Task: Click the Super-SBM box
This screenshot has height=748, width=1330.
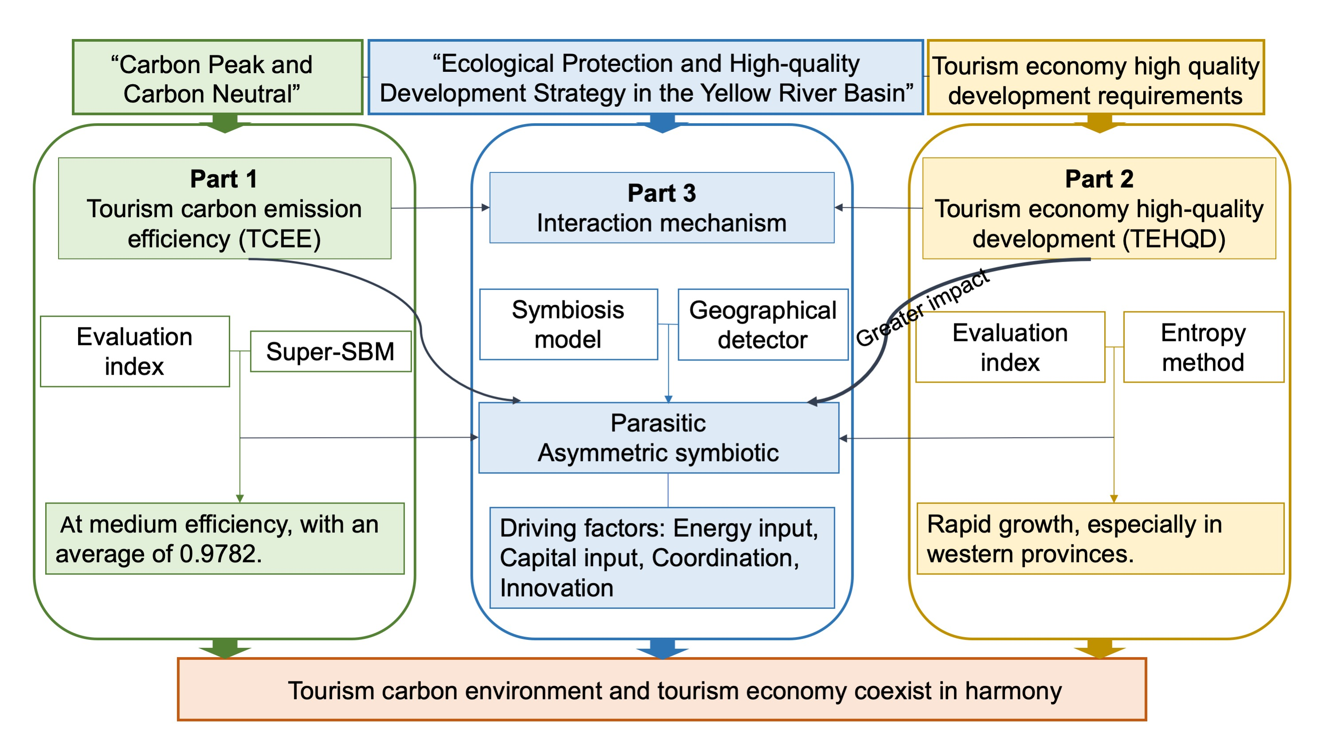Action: coord(330,352)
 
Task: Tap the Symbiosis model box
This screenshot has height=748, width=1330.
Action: coord(568,324)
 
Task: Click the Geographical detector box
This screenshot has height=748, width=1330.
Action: coord(763,325)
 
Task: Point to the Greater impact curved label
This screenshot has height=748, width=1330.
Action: coord(922,308)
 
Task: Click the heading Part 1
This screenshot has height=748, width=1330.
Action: coord(224,179)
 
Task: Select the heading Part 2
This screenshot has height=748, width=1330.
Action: coord(1099,179)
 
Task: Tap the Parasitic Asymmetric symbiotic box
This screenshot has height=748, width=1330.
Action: coord(658,438)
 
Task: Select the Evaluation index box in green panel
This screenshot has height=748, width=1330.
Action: coord(135,351)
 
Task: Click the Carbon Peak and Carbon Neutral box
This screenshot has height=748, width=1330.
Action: coord(217,78)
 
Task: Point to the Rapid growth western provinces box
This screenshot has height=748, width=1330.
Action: coord(1100,538)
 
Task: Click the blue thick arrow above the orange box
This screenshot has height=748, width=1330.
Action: coord(663,648)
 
